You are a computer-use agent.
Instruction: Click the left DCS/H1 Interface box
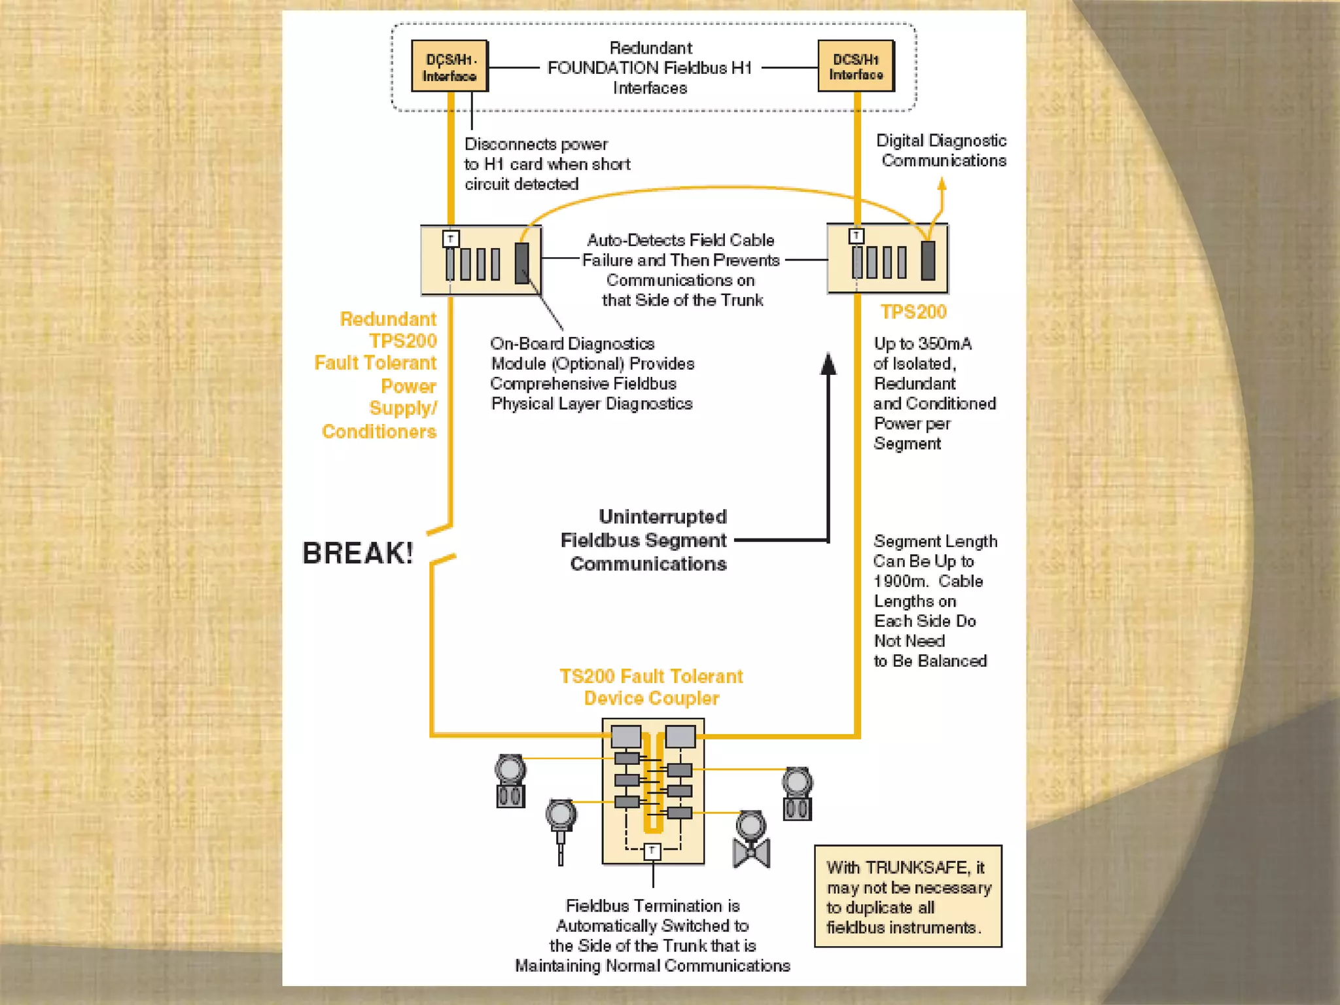(x=450, y=67)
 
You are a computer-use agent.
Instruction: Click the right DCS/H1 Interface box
(x=856, y=66)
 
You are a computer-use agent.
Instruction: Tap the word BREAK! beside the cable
(x=357, y=554)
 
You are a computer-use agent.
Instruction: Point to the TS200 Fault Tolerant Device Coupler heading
(x=651, y=687)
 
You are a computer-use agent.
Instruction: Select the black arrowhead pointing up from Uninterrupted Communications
(x=828, y=364)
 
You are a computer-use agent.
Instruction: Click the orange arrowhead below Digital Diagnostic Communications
(x=942, y=185)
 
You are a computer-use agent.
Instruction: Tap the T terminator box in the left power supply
(x=451, y=239)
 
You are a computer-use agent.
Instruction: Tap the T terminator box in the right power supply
(x=856, y=236)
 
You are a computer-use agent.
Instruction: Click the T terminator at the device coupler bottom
(x=652, y=851)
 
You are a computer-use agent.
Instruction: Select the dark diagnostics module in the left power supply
(x=521, y=263)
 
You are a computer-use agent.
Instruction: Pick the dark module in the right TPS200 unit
(x=928, y=260)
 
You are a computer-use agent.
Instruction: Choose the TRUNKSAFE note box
(x=908, y=896)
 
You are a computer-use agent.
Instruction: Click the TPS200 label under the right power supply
(x=913, y=312)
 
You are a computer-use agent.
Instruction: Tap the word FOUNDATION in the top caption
(x=603, y=68)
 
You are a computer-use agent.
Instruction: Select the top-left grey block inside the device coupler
(x=626, y=737)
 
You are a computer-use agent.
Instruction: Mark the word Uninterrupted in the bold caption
(x=662, y=517)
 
